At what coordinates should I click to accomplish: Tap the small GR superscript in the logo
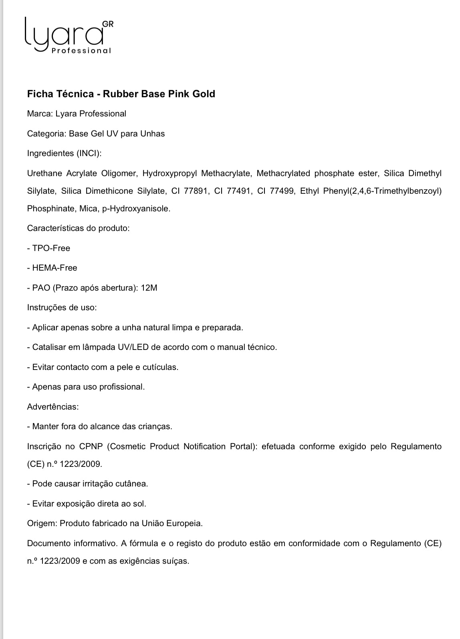(108, 24)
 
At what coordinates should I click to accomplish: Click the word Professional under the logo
(81, 51)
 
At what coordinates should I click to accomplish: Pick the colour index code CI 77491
(233, 191)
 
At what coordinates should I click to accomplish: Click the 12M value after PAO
(149, 288)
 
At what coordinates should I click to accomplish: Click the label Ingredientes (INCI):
(64, 153)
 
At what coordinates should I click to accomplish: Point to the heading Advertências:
(53, 407)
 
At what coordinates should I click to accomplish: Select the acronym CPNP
(91, 446)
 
